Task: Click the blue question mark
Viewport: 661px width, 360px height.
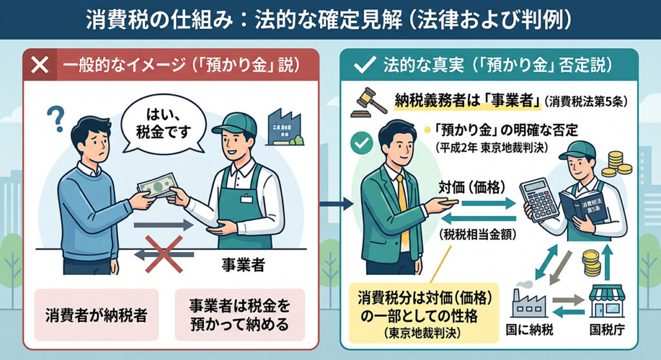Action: click(x=56, y=119)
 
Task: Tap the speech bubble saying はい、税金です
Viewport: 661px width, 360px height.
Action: click(x=163, y=123)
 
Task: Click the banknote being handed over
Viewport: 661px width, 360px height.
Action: click(x=157, y=185)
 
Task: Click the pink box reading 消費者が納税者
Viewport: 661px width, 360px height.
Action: click(x=97, y=315)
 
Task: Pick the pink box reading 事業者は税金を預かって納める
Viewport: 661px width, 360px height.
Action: click(x=239, y=315)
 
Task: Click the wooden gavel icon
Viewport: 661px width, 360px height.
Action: click(x=369, y=103)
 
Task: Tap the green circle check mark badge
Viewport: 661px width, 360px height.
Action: click(x=361, y=143)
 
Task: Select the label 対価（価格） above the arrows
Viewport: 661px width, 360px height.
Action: click(x=471, y=186)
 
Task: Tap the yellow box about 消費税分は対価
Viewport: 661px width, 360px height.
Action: click(x=423, y=313)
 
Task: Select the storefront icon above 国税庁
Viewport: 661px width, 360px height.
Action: click(x=607, y=301)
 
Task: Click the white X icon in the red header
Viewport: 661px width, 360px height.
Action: click(x=40, y=65)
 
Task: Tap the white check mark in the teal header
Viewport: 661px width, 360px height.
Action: click(x=364, y=65)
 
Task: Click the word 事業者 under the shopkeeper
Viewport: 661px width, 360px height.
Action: click(x=243, y=265)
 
